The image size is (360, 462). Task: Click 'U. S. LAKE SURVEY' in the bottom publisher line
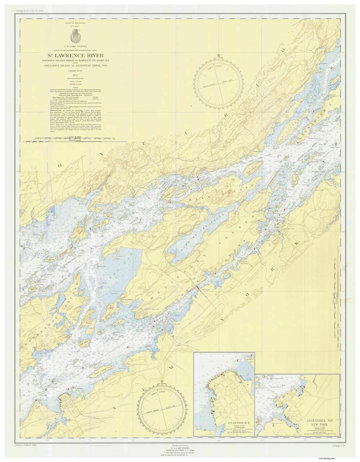(180, 448)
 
